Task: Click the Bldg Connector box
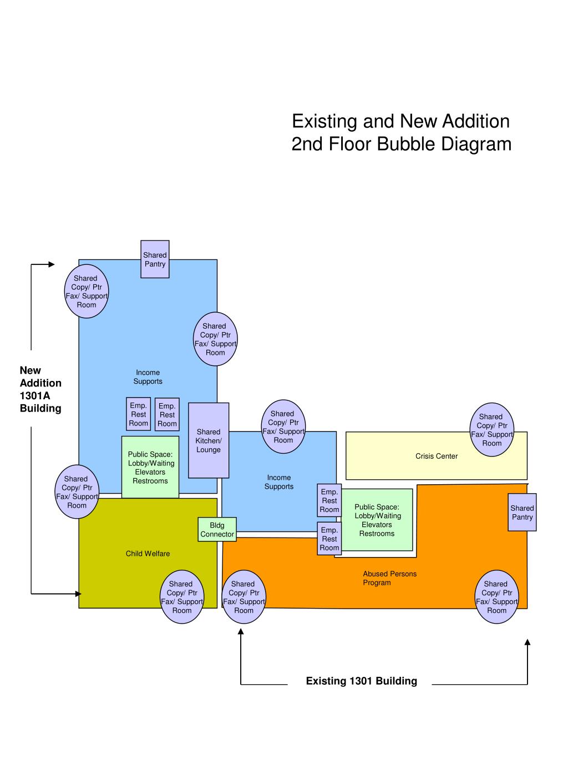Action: (217, 530)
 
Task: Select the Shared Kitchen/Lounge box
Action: (209, 440)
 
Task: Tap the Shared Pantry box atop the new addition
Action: (155, 259)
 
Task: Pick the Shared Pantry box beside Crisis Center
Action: (522, 512)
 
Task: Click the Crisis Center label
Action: (437, 456)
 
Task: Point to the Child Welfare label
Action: (148, 554)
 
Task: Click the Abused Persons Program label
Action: (389, 578)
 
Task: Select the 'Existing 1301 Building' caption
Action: (361, 681)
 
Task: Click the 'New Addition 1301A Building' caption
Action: (40, 389)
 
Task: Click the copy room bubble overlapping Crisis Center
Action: (492, 430)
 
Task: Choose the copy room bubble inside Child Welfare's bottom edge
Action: (182, 597)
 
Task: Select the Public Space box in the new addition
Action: (150, 467)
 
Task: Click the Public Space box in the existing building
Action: (377, 520)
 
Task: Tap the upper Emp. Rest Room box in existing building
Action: (329, 500)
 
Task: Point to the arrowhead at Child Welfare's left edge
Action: (78, 594)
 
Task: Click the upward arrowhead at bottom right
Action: (528, 642)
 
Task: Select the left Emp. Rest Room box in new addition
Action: (139, 414)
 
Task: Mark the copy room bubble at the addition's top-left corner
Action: (87, 292)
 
